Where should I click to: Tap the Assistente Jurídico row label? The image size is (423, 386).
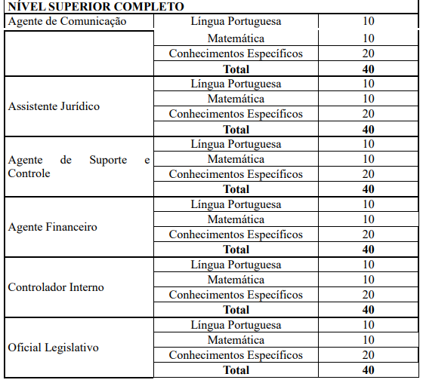54,106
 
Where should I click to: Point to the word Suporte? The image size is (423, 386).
109,160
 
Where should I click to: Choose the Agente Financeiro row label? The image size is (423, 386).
52,227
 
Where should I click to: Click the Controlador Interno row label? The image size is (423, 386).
56,287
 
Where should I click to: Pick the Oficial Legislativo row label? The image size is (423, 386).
53,348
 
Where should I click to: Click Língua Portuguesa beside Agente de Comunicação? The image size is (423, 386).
236,21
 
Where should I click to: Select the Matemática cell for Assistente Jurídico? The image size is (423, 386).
236,99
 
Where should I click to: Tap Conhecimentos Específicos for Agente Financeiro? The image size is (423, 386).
236,234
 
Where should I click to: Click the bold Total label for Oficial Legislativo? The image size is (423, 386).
236,370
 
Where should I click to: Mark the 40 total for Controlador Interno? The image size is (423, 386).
368,310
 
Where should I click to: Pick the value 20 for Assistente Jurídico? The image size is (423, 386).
368,114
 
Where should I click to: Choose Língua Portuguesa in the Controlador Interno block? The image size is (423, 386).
236,265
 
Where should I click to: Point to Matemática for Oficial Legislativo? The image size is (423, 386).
236,340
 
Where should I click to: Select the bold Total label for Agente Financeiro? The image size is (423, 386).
236,250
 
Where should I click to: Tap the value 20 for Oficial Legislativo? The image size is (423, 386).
368,355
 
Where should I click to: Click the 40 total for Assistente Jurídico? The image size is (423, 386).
368,129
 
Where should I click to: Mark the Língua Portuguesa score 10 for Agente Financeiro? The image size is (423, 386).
368,204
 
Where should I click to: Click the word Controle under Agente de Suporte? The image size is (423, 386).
29,173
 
